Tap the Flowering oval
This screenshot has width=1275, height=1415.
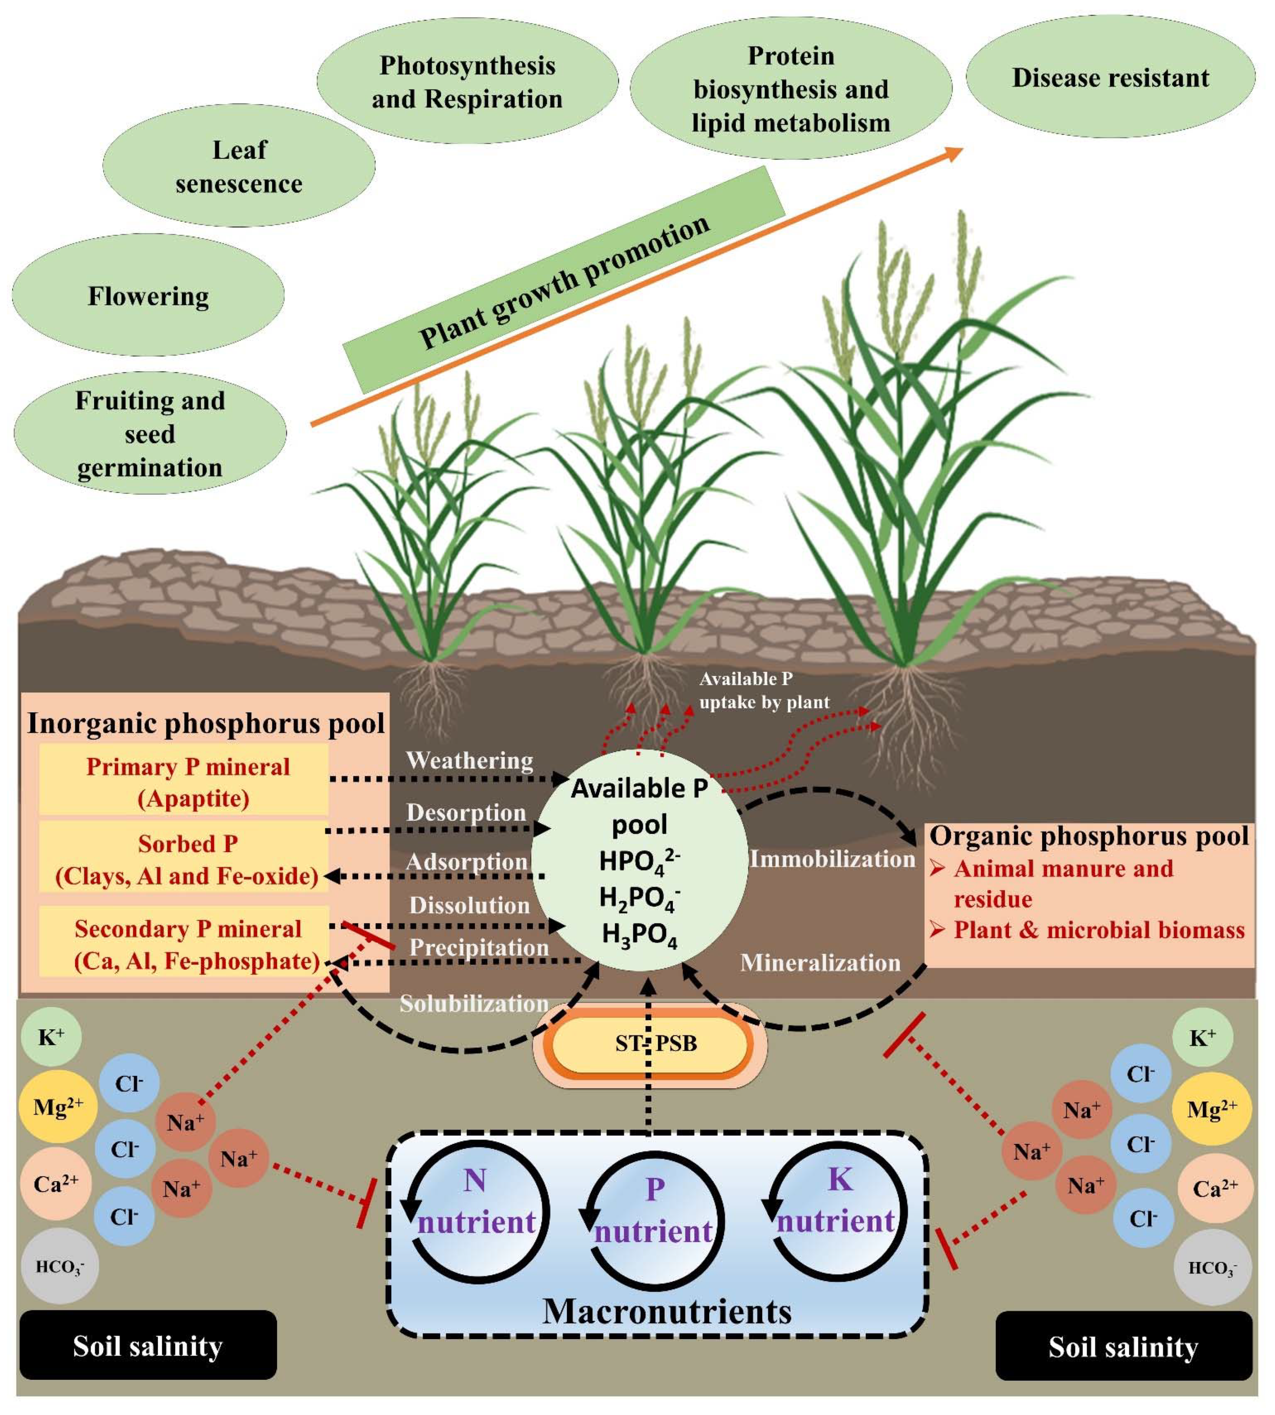[x=148, y=295]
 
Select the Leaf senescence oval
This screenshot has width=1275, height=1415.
[x=239, y=166]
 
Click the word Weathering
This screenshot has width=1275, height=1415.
[x=469, y=760]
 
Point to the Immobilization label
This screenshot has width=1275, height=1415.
[x=832, y=859]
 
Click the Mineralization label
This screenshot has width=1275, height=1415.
[x=819, y=963]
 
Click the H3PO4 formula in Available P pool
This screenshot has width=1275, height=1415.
[x=639, y=936]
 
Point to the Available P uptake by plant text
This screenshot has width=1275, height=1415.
[x=764, y=690]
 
